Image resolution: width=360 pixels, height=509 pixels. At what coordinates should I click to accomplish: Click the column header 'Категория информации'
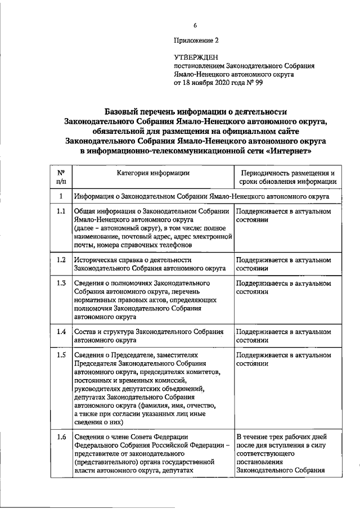[153, 173]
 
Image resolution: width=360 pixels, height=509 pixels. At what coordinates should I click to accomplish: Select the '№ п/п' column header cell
[61, 177]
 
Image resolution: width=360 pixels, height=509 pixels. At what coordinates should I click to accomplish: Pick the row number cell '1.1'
[61, 211]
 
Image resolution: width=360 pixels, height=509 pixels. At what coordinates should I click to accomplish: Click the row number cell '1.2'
[61, 260]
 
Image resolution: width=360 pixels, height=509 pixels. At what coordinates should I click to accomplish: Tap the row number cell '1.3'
[61, 283]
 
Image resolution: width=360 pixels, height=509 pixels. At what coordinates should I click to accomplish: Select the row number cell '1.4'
[61, 331]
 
